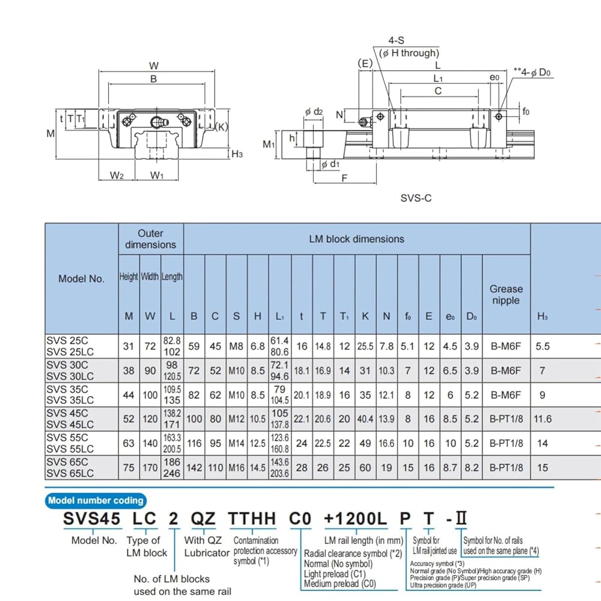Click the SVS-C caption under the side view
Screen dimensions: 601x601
(416, 198)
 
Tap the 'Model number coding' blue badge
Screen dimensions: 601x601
(96, 501)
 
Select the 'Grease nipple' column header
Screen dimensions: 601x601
(506, 294)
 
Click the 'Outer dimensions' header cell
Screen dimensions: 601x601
(151, 239)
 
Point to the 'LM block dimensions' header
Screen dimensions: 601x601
(356, 239)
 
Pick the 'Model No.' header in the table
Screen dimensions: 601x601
(81, 279)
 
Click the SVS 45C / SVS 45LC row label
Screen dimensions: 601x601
(70, 419)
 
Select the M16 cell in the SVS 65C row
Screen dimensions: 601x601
(236, 468)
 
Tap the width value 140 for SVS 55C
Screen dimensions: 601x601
(150, 444)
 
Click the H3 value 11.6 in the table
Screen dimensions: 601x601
(542, 419)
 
